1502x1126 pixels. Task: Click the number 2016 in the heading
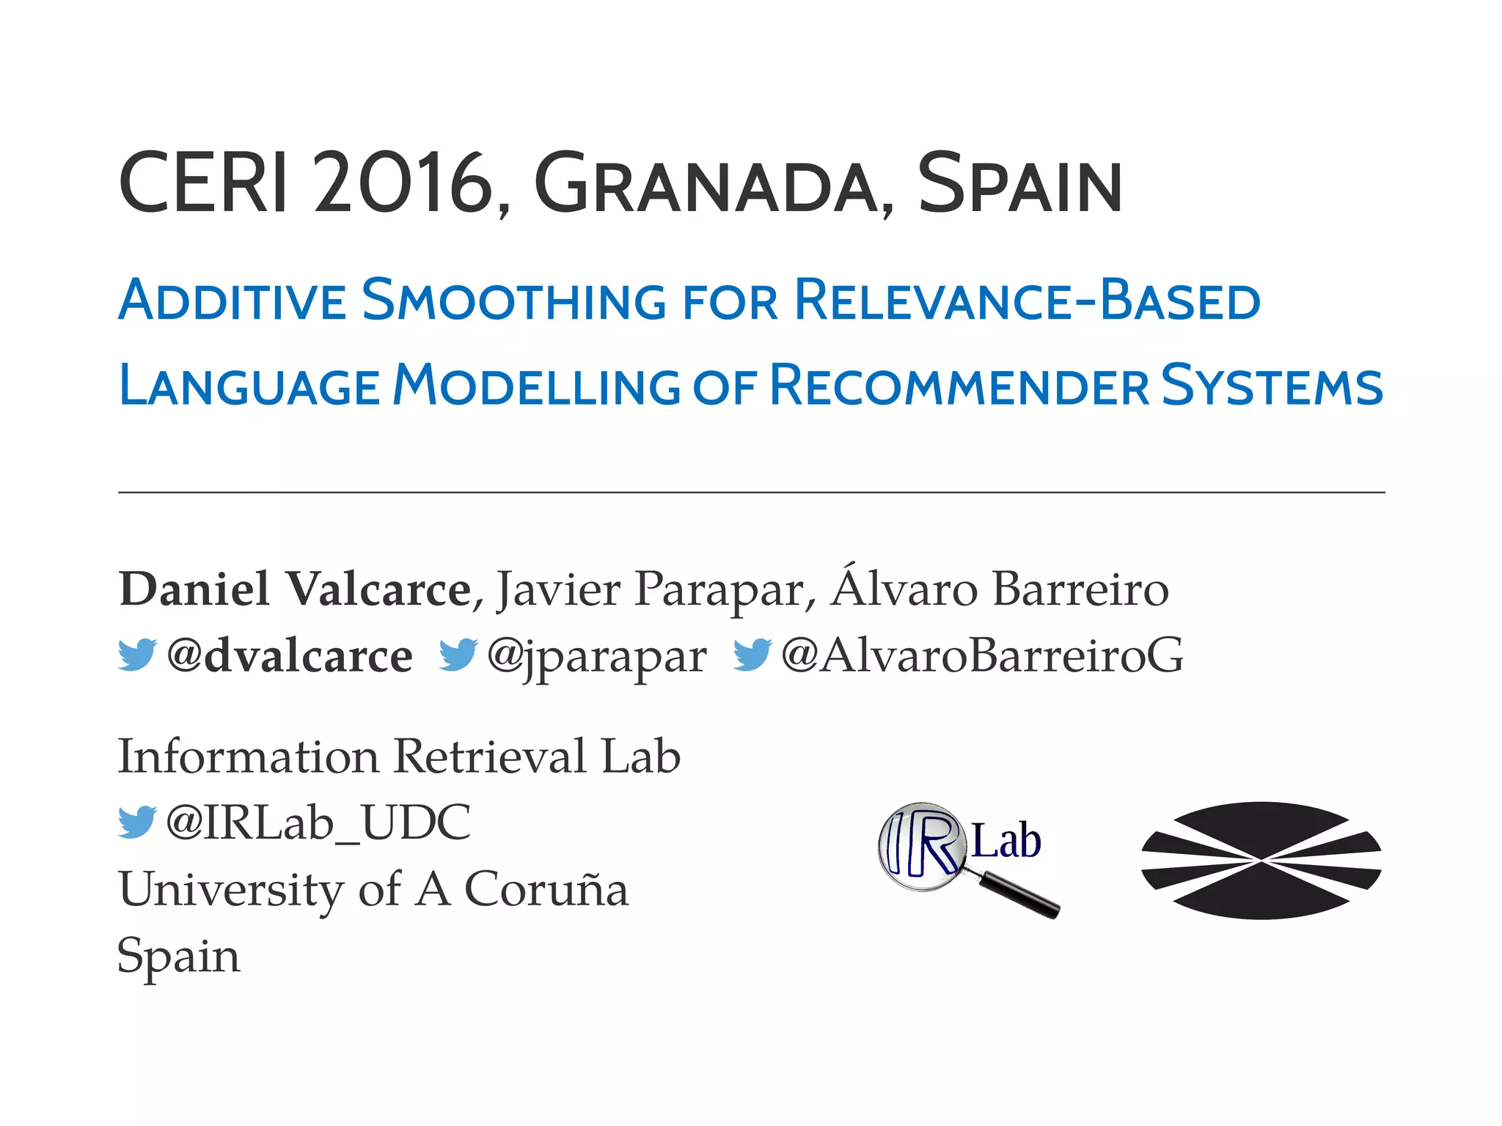403,183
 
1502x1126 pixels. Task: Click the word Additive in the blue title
232,301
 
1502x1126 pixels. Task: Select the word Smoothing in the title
513,301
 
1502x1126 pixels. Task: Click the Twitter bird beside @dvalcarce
137,654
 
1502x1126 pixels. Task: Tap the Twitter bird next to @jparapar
458,654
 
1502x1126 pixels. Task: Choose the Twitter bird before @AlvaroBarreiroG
752,654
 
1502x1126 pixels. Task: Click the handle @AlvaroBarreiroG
982,655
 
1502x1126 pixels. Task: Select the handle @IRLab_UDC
318,823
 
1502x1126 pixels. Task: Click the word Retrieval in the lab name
490,757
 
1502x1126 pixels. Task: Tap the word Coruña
546,890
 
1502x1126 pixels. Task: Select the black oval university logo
1261,860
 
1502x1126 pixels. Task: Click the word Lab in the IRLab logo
1005,841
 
